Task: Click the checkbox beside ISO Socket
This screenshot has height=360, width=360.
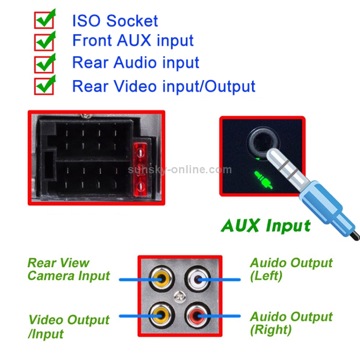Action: pos(44,21)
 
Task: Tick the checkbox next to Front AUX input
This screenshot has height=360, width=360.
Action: pos(44,42)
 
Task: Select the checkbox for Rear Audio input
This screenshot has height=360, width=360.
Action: pos(44,64)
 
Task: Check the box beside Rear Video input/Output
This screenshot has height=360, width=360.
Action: pos(44,86)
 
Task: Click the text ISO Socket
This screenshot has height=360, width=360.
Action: pos(115,21)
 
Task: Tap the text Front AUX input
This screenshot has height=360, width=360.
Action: pos(133,41)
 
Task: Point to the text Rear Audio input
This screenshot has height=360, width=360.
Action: pos(135,63)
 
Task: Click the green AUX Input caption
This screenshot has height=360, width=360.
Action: pos(265,225)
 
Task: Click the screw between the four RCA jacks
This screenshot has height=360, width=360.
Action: pos(180,298)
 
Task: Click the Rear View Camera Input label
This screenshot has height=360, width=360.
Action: pos(68,269)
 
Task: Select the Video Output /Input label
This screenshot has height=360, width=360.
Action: pos(69,326)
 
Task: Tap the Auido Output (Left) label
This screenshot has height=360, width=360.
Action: pos(291,269)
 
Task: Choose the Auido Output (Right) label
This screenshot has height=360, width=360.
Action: pos(291,323)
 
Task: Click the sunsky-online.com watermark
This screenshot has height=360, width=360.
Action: pos(180,170)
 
